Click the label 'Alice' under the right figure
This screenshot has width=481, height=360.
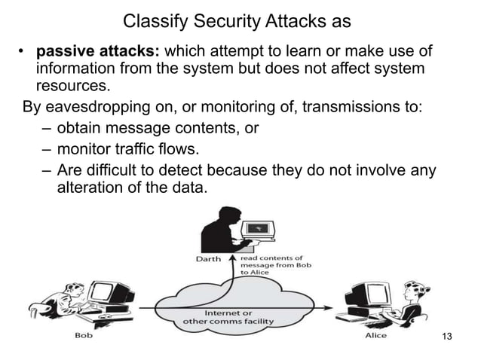(375, 335)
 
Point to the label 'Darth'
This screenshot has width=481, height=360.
(208, 259)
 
